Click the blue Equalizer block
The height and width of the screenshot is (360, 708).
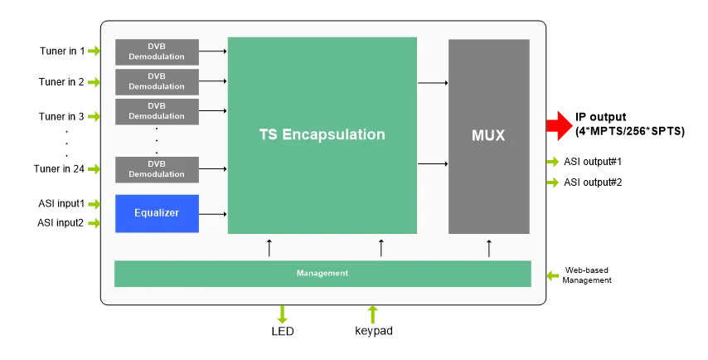158,214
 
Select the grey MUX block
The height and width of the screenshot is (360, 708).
489,136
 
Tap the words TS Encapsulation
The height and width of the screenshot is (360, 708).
322,134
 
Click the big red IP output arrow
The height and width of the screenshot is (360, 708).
559,125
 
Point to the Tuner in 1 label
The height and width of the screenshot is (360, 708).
62,51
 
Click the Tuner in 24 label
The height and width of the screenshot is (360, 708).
59,169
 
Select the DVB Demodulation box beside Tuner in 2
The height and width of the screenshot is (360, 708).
158,82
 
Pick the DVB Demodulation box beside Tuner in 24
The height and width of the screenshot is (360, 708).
158,169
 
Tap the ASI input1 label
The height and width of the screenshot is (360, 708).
61,204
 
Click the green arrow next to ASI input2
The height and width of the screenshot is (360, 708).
94,222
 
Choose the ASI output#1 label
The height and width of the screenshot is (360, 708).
593,162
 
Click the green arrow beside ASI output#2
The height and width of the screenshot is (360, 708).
553,182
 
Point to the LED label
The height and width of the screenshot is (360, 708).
283,331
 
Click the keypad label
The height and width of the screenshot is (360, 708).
374,331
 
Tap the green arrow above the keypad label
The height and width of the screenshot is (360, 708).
372,314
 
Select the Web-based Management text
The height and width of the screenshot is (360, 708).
587,275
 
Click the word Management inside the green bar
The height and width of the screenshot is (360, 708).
322,273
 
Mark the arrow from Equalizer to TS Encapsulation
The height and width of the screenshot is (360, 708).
213,214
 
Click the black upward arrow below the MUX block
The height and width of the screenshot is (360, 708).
489,248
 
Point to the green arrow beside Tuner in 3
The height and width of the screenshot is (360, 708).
94,116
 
